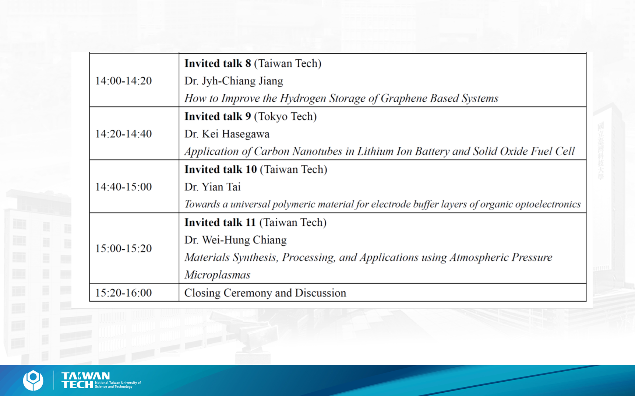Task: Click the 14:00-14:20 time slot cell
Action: pos(124,81)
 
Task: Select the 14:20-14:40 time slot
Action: pos(124,134)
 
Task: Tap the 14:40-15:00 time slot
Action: pos(124,187)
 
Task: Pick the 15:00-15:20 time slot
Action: pos(124,249)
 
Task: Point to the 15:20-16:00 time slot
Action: pos(124,293)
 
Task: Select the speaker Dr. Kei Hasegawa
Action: pos(227,134)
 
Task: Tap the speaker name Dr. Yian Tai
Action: pos(212,187)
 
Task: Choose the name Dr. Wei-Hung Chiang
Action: pos(236,240)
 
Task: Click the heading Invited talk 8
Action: pos(218,63)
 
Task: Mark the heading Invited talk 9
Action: pos(218,116)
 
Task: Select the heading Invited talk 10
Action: pos(221,169)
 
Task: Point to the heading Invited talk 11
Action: pos(220,222)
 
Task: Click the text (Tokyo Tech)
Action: pos(285,117)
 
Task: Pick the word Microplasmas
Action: pos(218,275)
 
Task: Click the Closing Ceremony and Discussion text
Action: pos(265,293)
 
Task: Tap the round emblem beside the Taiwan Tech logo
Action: pos(33,381)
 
